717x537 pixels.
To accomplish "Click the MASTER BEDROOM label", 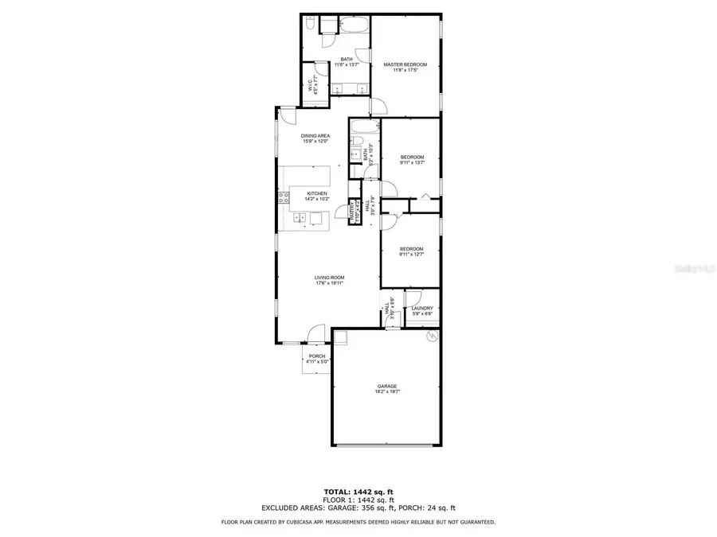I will pos(406,64).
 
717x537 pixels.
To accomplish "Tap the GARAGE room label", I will pos(386,386).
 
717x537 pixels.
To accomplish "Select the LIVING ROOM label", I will pos(328,277).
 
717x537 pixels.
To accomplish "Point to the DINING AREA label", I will pos(315,136).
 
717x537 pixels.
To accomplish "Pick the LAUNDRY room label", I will pos(422,308).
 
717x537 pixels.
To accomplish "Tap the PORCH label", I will pos(317,356).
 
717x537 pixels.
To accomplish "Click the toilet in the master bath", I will pos(309,25).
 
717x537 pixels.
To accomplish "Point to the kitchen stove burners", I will pos(282,198).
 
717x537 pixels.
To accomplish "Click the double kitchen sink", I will pos(317,219).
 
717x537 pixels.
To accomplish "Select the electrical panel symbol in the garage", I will pos(431,337).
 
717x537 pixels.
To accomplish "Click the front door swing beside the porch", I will pos(316,333).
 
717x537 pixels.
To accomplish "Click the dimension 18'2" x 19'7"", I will pos(386,391).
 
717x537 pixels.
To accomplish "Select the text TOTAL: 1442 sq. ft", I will pos(358,492).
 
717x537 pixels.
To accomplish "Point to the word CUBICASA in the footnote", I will pos(312,522).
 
